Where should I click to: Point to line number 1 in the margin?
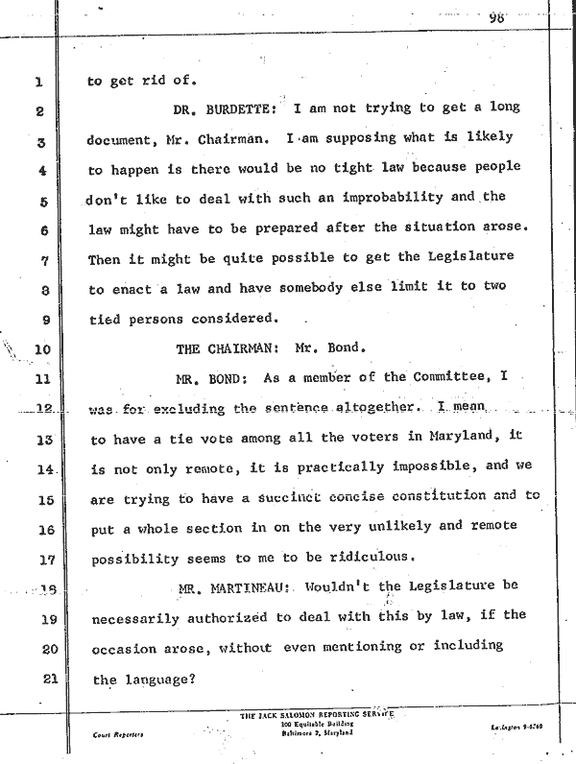coord(40,83)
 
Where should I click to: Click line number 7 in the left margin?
coord(41,261)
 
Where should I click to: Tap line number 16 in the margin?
coord(40,528)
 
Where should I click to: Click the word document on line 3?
coord(130,141)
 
